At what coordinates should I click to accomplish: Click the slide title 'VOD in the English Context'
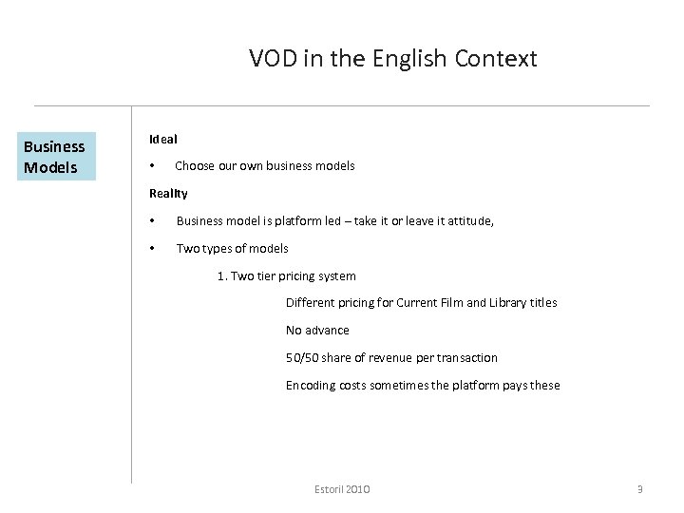click(x=392, y=59)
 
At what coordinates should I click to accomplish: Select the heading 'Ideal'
click(x=163, y=139)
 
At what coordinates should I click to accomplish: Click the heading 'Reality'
click(x=168, y=194)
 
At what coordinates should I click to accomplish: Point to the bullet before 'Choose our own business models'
click(x=153, y=166)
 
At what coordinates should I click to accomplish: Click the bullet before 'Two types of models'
click(x=153, y=249)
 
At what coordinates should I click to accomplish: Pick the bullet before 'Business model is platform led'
click(x=153, y=221)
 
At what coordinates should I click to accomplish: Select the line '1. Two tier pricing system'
click(x=287, y=276)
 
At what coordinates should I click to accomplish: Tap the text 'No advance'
click(x=317, y=331)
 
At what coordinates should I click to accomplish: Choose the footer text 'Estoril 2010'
click(x=342, y=489)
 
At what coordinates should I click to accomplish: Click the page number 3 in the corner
click(x=639, y=489)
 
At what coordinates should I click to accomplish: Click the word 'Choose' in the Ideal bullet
click(x=195, y=166)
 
